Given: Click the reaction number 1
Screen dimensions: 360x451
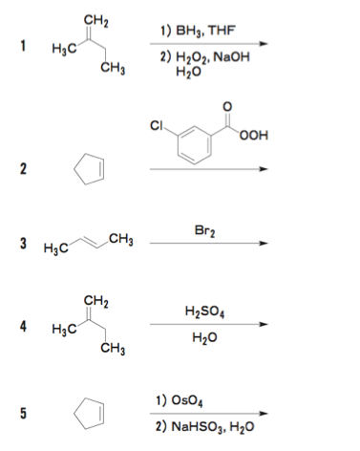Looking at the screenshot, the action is [x=23, y=46].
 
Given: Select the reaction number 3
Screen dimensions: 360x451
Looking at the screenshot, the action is [x=23, y=244].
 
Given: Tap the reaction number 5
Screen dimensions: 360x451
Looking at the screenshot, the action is [x=23, y=413].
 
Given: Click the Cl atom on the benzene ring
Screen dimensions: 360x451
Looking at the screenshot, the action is [x=157, y=126].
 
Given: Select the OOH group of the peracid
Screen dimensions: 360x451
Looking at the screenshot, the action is [x=254, y=135].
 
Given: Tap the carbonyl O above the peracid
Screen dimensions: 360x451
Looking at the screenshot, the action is [x=227, y=107].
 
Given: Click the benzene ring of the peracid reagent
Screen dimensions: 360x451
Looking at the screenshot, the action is [x=195, y=145].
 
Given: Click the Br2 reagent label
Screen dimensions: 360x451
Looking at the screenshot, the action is [x=205, y=231].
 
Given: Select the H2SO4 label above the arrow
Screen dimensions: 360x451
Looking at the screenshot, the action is [x=205, y=311].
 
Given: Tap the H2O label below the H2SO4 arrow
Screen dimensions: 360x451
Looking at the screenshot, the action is [x=204, y=337].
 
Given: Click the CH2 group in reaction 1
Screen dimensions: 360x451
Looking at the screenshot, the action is [x=95, y=21].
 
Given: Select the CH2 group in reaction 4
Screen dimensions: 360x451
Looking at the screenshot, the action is [x=95, y=301].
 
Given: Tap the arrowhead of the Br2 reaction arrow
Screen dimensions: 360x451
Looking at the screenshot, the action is [x=264, y=244].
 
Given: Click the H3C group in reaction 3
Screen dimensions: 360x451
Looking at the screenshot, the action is [x=56, y=247].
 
